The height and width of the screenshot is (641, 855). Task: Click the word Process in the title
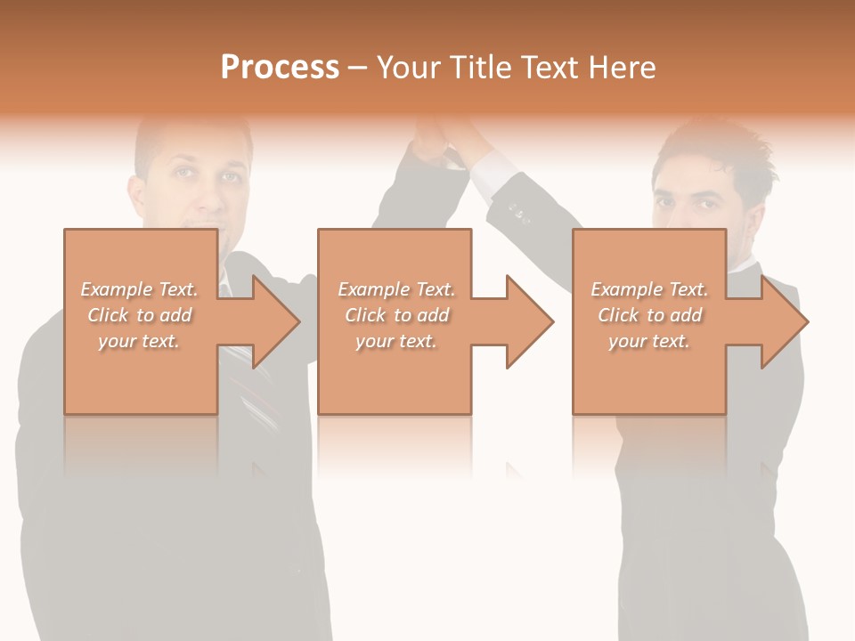tap(280, 68)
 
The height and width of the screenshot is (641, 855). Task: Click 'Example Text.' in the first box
tap(140, 289)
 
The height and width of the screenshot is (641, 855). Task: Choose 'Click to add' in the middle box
tap(396, 315)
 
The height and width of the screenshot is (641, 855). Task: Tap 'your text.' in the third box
tap(649, 341)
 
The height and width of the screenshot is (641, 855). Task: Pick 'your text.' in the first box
tap(140, 341)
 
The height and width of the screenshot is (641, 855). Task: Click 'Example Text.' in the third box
tap(649, 289)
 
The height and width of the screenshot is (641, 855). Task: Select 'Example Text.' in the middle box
tap(396, 289)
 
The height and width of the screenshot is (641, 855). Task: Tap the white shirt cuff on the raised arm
tap(490, 174)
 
